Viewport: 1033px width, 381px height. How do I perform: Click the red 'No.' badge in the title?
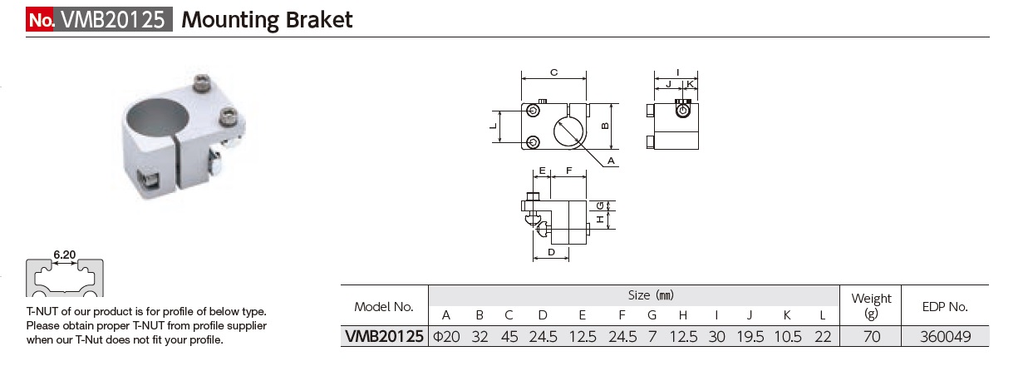coord(40,20)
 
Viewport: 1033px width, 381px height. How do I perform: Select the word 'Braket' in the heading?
coord(321,20)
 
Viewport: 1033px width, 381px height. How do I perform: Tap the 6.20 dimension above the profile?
coord(64,255)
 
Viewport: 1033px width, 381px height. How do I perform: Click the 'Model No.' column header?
coord(384,306)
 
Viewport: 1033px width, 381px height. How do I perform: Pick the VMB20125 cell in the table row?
coord(384,337)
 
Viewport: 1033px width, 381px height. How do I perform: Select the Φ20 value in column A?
coord(446,337)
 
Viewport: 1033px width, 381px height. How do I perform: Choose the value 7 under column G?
coord(652,337)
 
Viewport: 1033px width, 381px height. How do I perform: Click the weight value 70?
coord(871,337)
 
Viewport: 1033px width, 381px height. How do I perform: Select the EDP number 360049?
coord(945,337)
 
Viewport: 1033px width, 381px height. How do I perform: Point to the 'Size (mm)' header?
coord(651,294)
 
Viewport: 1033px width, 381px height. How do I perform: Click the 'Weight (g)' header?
coord(871,305)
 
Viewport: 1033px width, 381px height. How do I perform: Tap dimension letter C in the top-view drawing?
coord(553,73)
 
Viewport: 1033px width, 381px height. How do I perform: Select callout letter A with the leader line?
coord(610,159)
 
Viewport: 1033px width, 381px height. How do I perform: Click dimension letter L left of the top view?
coord(493,126)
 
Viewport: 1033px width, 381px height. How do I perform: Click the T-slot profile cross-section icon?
coord(65,279)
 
